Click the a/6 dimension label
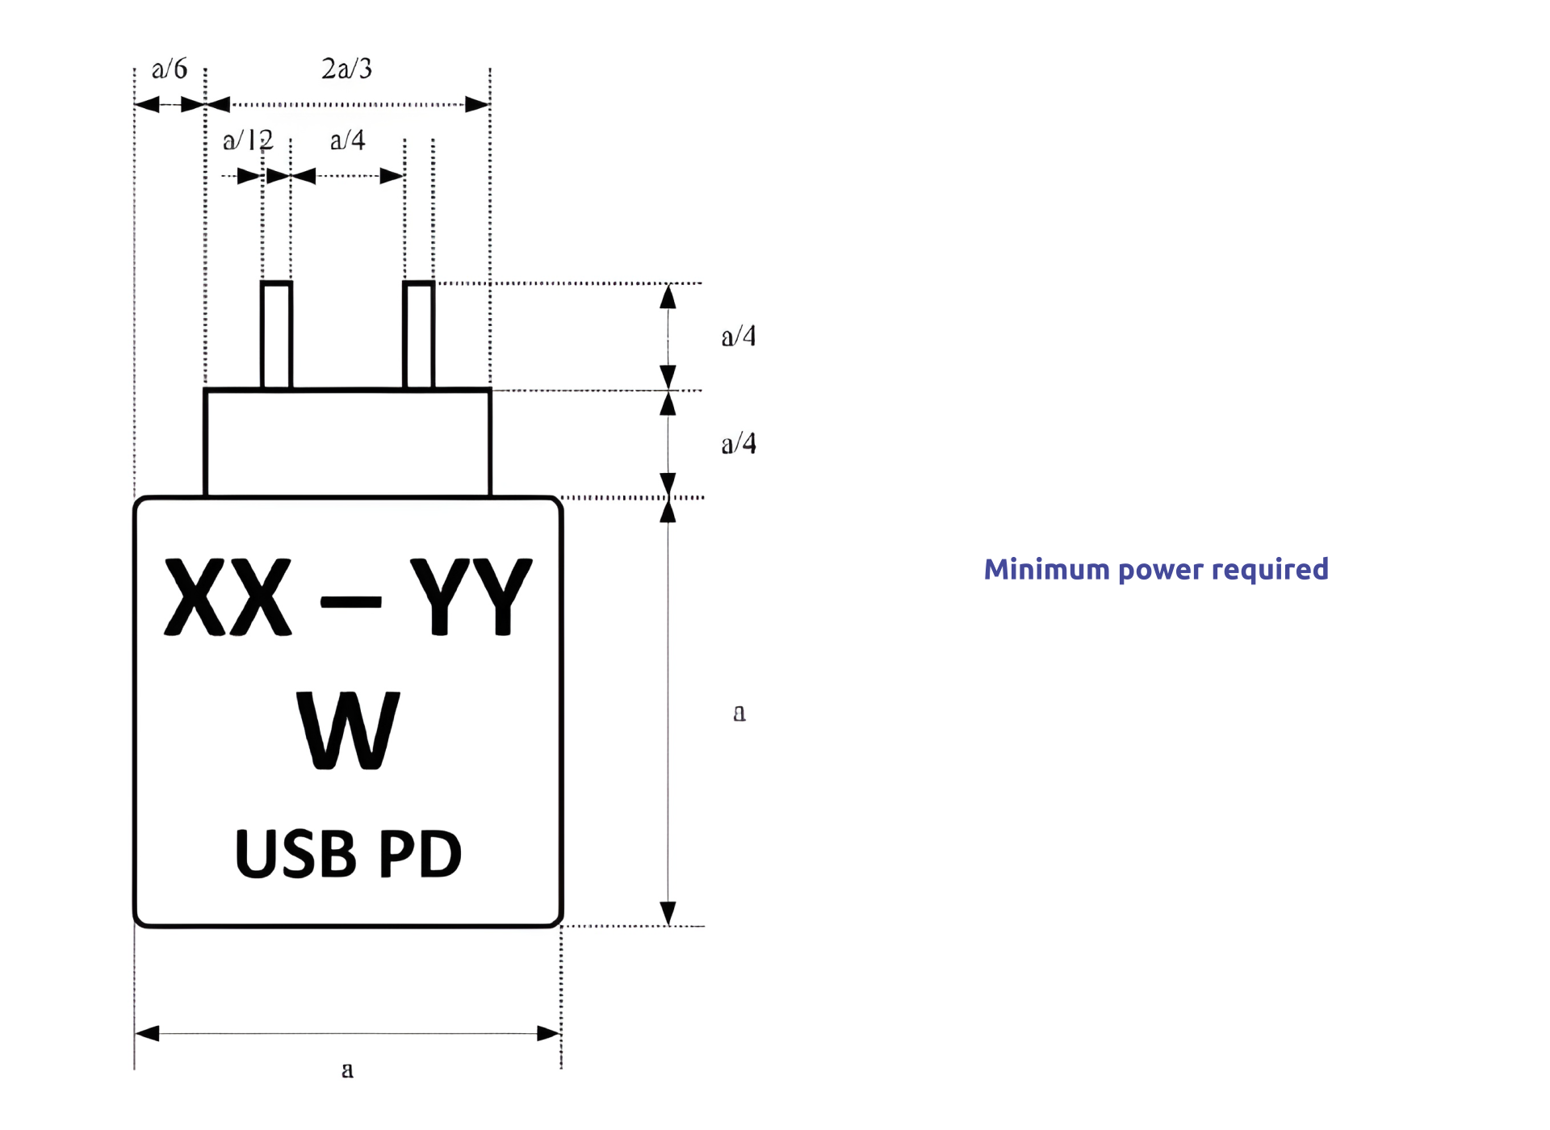tap(170, 69)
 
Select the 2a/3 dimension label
tap(347, 69)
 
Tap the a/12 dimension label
tap(248, 141)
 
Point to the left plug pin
tap(276, 335)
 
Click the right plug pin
tap(418, 335)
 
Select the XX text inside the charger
tap(228, 597)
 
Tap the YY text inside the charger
tap(471, 597)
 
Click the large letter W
tap(348, 730)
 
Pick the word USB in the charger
tap(295, 854)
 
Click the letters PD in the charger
tap(420, 854)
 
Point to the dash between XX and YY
tap(350, 602)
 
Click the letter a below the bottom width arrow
tap(347, 1070)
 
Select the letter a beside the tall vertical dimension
tap(739, 714)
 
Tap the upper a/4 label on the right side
tap(739, 337)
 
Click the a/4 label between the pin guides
tap(348, 141)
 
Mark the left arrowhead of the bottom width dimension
tap(147, 1034)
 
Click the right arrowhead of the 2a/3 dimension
tap(478, 105)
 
